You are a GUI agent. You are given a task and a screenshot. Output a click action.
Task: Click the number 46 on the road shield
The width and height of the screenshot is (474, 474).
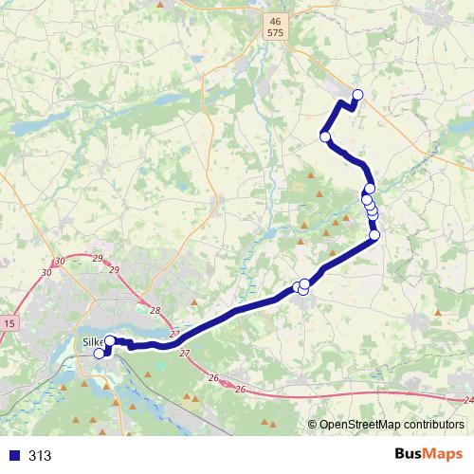[275, 20]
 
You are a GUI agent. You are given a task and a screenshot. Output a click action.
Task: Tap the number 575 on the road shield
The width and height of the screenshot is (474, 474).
[275, 32]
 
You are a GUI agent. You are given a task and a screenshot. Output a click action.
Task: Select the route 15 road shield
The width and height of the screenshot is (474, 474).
[9, 324]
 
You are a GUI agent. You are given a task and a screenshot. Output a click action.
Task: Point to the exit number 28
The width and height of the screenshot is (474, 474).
[155, 311]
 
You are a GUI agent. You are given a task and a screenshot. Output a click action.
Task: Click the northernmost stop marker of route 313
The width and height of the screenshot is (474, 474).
[357, 93]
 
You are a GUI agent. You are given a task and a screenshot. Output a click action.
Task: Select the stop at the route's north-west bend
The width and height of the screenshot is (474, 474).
[325, 137]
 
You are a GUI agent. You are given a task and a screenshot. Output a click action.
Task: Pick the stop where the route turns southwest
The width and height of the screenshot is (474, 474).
[374, 235]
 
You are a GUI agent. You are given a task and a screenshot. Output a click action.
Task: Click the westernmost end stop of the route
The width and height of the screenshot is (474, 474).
[99, 354]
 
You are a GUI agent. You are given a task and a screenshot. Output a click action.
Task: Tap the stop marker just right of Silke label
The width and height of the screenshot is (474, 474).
[110, 340]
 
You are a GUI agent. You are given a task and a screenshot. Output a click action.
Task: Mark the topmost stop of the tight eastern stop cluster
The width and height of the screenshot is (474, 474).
[370, 189]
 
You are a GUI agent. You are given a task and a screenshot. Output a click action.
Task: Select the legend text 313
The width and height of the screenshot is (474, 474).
[40, 455]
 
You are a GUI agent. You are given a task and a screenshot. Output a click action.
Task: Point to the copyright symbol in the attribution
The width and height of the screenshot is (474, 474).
[314, 425]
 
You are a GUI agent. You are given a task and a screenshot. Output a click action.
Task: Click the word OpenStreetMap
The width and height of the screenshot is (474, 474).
[359, 425]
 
